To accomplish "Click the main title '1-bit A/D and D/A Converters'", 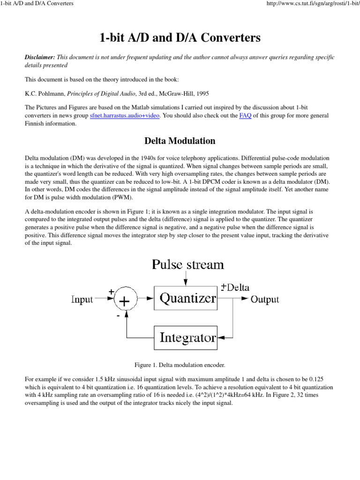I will pos(180,38).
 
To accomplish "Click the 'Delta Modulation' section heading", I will pos(180,141).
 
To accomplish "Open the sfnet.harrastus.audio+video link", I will pos(124,116).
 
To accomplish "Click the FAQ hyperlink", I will pos(245,116).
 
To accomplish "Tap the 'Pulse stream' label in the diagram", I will pos(187,264).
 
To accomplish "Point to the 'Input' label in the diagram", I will pos(82,300).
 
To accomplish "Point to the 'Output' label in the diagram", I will pos(265,300).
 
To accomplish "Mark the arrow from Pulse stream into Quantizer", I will pos(187,280).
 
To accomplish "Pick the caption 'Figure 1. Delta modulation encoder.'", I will pos(180,365).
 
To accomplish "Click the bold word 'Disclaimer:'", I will pos(39,57).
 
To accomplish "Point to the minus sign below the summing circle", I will pos(118,316).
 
